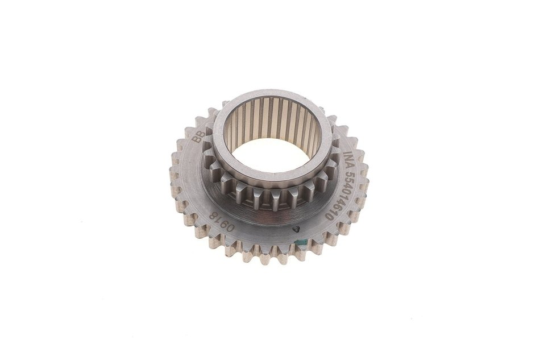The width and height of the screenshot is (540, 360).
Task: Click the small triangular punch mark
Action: pyautogui.click(x=295, y=229)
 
